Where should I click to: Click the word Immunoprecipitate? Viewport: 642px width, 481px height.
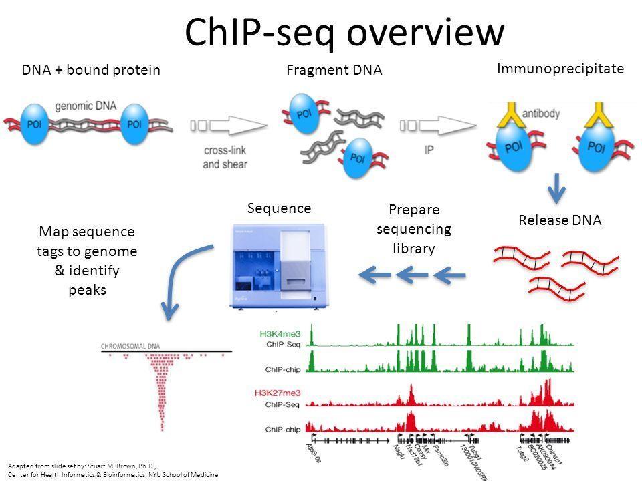click(561, 67)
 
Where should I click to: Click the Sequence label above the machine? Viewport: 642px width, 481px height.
click(279, 208)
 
